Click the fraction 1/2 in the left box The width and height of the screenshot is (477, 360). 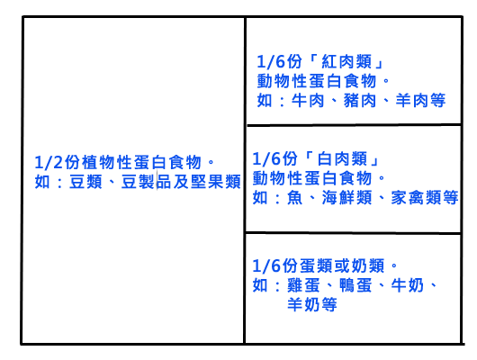[x=49, y=163]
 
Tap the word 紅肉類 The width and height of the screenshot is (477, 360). [x=346, y=62]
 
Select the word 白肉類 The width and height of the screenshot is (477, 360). [x=342, y=159]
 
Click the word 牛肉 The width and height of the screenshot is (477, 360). [x=308, y=101]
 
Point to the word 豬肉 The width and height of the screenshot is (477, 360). [x=360, y=101]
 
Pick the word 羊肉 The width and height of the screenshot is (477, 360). [x=412, y=101]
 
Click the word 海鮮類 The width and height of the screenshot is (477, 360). [x=346, y=198]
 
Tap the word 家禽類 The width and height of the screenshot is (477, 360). [x=416, y=198]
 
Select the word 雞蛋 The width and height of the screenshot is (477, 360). [x=303, y=285]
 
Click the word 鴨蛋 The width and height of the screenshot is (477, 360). [x=355, y=285]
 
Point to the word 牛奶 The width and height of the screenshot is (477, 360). [x=408, y=285]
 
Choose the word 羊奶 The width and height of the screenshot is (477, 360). [x=303, y=304]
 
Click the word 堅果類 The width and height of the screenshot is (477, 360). [x=216, y=182]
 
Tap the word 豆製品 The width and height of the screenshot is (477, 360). [x=147, y=182]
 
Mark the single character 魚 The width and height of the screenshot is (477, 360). [x=294, y=198]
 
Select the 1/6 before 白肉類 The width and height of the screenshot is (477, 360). [x=266, y=159]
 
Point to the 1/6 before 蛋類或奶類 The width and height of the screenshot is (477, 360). [x=266, y=266]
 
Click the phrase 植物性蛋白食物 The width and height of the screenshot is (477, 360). [x=142, y=163]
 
